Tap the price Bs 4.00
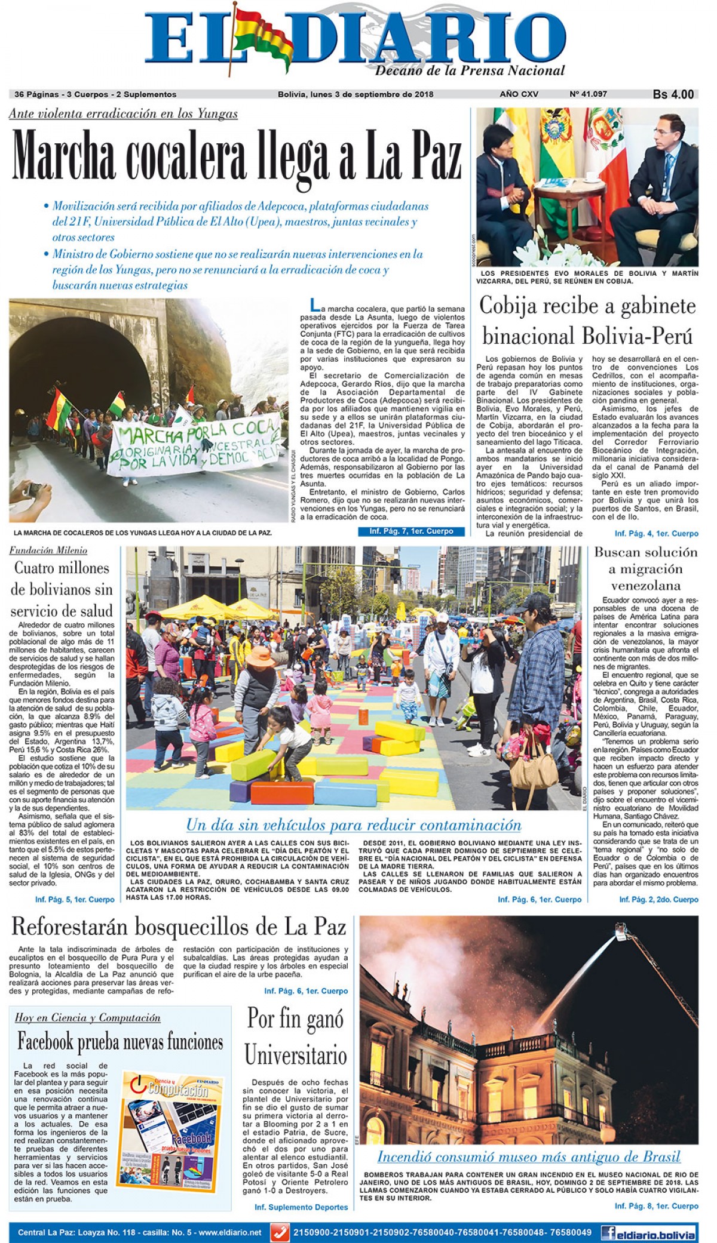(x=673, y=94)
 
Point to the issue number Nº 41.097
(x=588, y=94)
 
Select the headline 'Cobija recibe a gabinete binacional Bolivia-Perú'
(x=587, y=321)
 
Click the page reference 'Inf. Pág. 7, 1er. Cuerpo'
(x=411, y=531)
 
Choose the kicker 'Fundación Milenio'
(x=48, y=550)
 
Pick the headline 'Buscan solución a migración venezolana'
(x=645, y=568)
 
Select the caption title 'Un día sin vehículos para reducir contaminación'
(x=354, y=825)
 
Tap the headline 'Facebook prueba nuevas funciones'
(x=120, y=1042)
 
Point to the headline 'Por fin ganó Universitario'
(x=296, y=1037)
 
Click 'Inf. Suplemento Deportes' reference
(x=301, y=1207)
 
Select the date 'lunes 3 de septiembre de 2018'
(x=371, y=94)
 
